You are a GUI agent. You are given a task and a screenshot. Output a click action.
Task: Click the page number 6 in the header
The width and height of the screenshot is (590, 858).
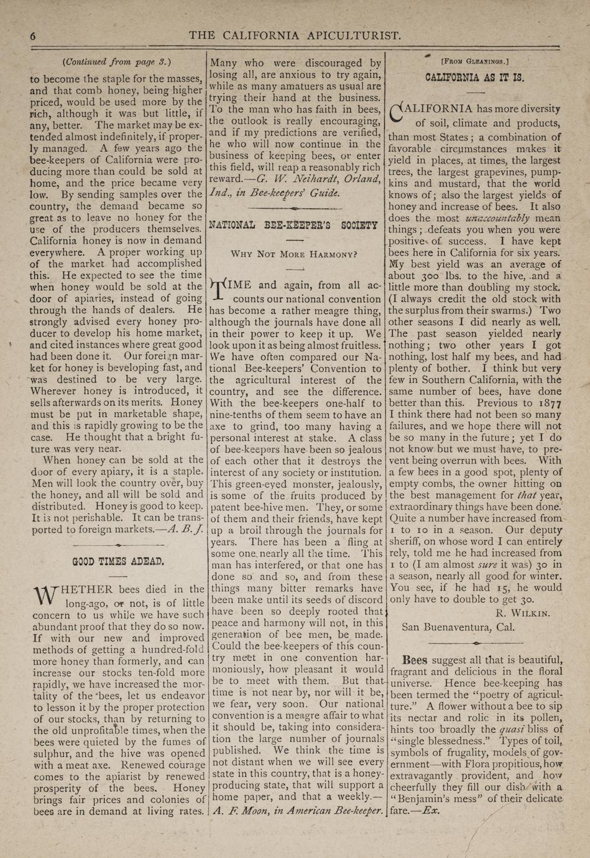click(x=33, y=37)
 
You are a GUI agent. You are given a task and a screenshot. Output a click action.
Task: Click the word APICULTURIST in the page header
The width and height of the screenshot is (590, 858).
click(x=354, y=35)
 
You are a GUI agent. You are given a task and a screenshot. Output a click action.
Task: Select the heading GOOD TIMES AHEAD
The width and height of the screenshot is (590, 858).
click(x=118, y=561)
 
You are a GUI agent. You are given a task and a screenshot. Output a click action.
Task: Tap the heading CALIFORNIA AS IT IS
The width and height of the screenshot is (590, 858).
click(x=474, y=78)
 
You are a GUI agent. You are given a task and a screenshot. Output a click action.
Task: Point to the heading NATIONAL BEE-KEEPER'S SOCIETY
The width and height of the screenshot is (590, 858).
click(x=293, y=225)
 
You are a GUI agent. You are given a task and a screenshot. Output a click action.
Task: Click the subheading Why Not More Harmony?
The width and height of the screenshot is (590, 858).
click(x=294, y=254)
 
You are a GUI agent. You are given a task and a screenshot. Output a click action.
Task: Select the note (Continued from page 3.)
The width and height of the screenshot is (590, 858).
click(x=117, y=62)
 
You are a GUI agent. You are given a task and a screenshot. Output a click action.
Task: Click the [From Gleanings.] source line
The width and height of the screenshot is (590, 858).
click(x=474, y=62)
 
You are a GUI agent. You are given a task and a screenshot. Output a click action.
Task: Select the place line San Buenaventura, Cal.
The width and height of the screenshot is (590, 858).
click(x=458, y=627)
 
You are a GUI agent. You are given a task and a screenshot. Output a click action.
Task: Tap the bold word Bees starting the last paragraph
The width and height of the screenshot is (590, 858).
click(x=415, y=660)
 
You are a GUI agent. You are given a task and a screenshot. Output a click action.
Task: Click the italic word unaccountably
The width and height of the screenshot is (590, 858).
click(x=497, y=218)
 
